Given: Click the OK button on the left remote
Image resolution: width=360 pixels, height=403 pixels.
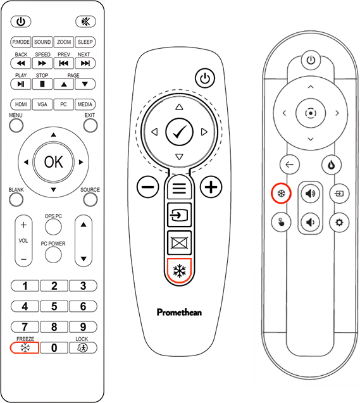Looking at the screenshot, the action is [x=53, y=162].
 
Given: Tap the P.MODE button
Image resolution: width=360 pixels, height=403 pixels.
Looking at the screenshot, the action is [x=21, y=42].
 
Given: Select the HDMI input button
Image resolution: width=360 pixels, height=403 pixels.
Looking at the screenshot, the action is [x=21, y=104].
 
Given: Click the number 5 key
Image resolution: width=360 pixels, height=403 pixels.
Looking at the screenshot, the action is [x=54, y=306].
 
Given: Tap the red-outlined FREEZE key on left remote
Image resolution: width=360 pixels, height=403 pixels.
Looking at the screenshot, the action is [x=25, y=348].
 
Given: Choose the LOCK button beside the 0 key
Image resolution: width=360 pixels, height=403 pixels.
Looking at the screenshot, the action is [x=83, y=348].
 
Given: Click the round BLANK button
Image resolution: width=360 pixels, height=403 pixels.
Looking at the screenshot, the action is [x=16, y=200].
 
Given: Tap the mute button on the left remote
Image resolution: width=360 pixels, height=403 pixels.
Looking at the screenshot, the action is [x=86, y=22].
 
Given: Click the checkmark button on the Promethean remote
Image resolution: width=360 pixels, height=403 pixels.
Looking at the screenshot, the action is [x=179, y=132].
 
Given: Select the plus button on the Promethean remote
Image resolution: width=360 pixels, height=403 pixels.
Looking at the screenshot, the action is [x=211, y=187].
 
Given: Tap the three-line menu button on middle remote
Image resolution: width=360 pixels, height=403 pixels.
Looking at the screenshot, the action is [x=179, y=188].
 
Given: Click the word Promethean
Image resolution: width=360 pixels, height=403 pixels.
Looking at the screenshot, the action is [x=179, y=313].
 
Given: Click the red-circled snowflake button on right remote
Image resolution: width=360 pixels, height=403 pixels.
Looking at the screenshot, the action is [x=281, y=194].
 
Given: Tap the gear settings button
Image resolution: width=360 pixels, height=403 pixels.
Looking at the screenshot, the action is [x=339, y=222].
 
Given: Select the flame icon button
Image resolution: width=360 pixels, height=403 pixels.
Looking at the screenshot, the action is [x=332, y=164].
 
